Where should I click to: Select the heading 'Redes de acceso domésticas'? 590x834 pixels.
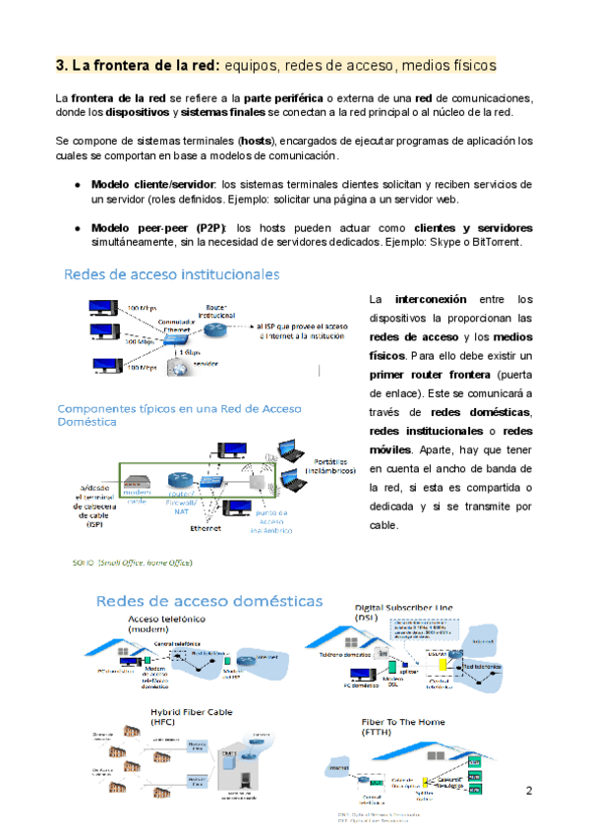pyautogui.click(x=208, y=600)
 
